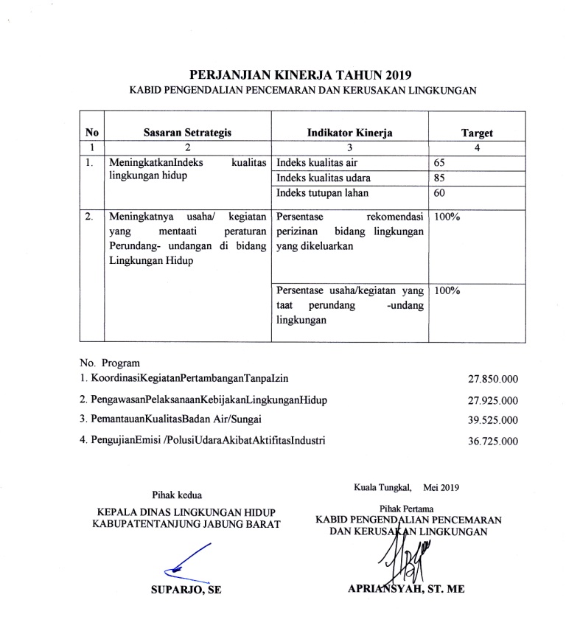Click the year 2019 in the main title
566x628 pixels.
pyautogui.click(x=391, y=74)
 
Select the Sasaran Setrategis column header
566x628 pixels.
pyautogui.click(x=187, y=133)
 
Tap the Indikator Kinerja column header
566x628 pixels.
pyautogui.click(x=349, y=133)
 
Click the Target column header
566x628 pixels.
pyautogui.click(x=476, y=133)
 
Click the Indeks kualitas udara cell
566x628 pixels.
pyautogui.click(x=324, y=178)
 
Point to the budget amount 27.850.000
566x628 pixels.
pyautogui.click(x=493, y=380)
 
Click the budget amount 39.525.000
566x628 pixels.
pyautogui.click(x=493, y=420)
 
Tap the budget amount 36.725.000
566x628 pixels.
pyautogui.click(x=493, y=442)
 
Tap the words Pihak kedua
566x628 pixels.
pyautogui.click(x=176, y=494)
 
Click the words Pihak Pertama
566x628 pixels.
pyautogui.click(x=407, y=508)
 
